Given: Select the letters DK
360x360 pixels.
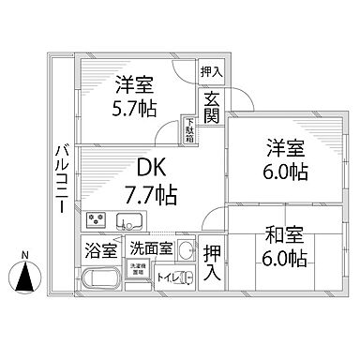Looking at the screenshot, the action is pos(151,168).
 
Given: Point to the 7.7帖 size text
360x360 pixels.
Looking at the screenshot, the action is pos(151,194).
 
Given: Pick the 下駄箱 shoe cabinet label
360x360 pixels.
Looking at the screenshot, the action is pos(188,129).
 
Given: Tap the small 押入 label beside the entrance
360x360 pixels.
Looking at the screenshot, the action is pos(211,70).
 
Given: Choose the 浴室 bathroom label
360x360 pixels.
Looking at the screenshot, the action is pos(101,250).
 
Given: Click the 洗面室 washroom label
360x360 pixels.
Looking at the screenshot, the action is pos(151,249).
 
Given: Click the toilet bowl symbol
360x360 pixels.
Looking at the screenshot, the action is pos(185,278).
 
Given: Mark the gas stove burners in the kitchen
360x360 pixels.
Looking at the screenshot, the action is pos(97,222).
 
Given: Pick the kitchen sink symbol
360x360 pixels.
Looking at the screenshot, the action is pos(128,222).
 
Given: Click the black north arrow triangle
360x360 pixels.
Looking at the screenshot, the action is pos(25,277).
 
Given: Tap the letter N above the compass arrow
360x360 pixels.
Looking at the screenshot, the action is pos(25,256).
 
